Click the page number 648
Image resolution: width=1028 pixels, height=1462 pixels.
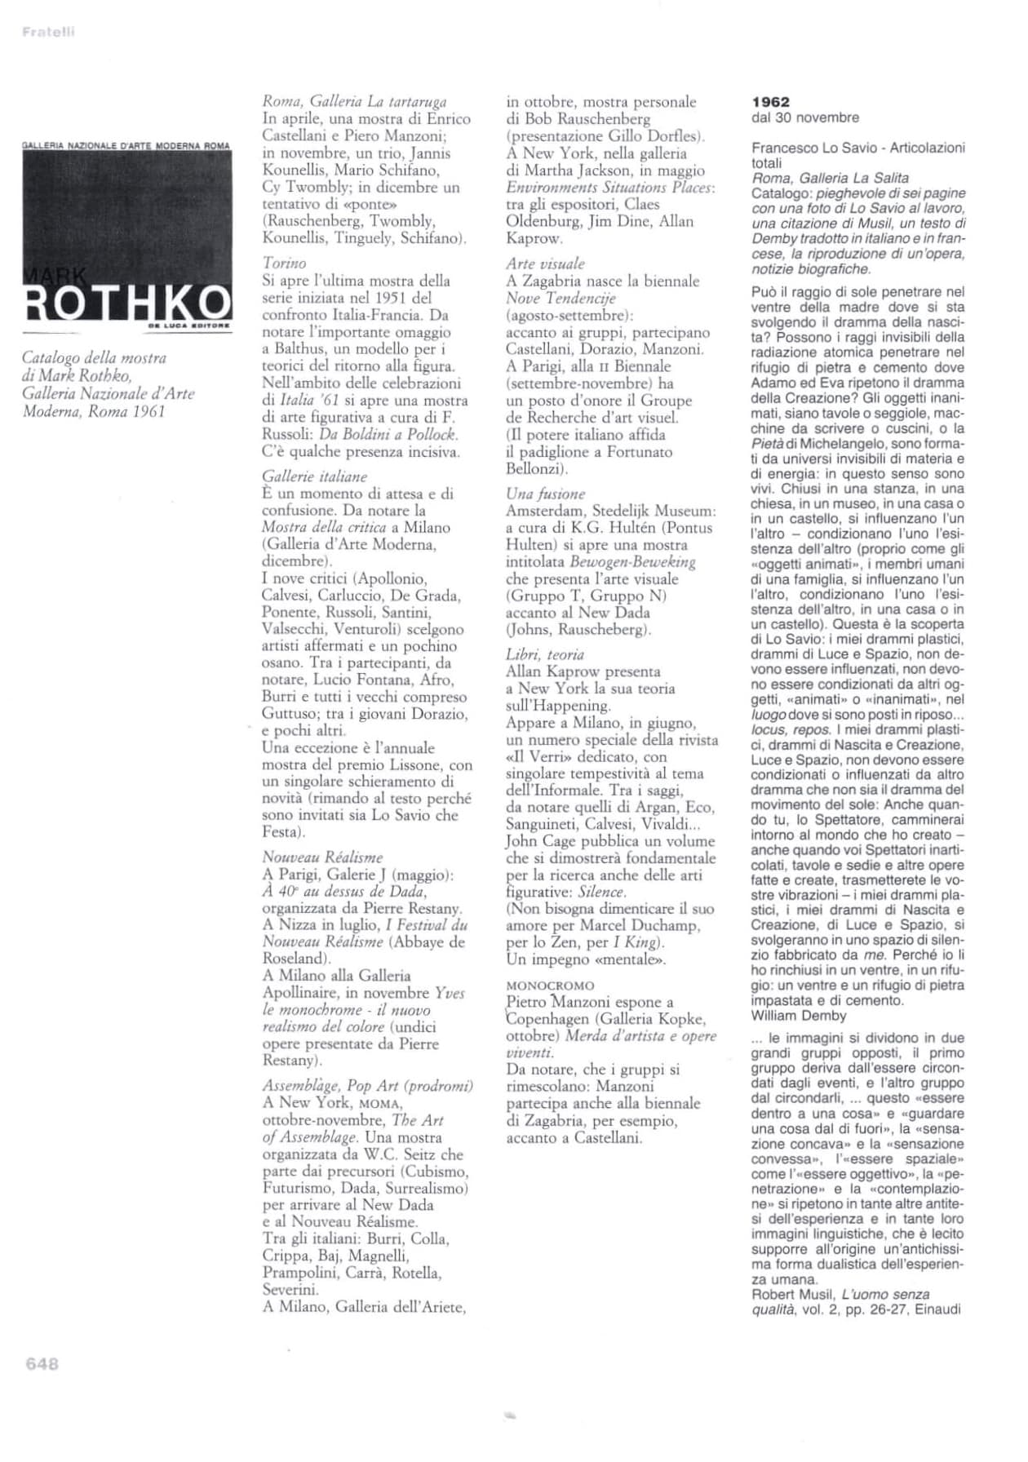click(42, 1363)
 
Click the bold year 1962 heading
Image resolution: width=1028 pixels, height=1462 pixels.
click(770, 102)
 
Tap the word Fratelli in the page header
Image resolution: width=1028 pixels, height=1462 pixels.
click(48, 32)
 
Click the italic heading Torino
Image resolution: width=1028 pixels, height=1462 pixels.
click(284, 263)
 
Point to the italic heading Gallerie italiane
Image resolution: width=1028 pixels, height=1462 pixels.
click(314, 476)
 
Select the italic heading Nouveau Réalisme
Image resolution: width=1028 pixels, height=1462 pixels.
click(322, 857)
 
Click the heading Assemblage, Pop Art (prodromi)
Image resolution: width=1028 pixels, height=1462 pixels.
click(367, 1086)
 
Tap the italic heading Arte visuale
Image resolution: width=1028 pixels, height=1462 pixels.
click(545, 264)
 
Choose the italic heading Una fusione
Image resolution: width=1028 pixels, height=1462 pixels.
click(545, 494)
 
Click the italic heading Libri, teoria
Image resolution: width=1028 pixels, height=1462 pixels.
click(544, 654)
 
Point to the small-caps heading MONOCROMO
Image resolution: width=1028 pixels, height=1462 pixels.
click(550, 986)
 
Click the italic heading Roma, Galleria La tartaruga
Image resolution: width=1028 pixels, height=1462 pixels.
click(354, 102)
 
